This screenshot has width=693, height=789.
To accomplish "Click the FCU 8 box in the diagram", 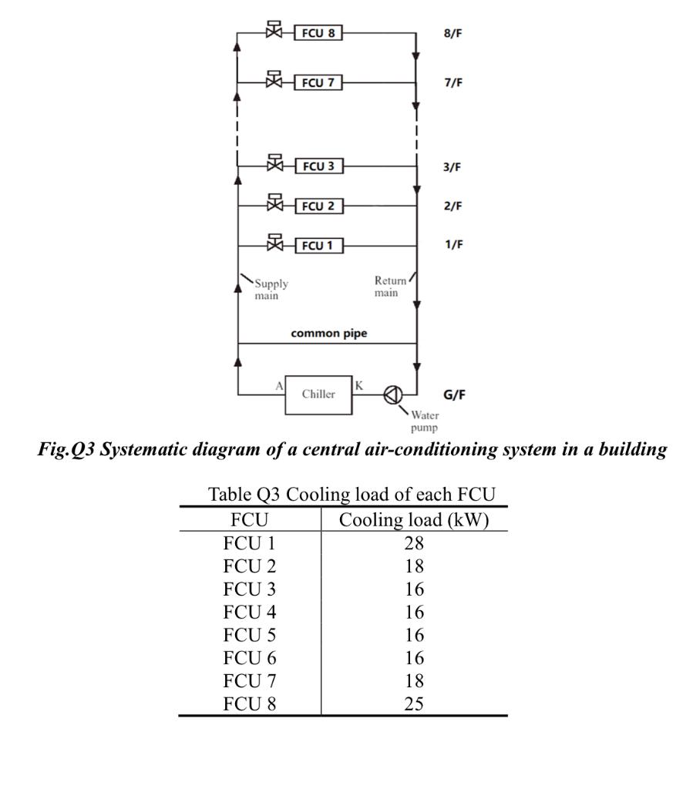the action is tap(318, 33).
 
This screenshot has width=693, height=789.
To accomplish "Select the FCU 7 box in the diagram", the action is tap(318, 82).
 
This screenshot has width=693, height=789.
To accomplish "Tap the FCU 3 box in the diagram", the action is tap(318, 166).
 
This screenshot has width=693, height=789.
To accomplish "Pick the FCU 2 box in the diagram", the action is tap(318, 206).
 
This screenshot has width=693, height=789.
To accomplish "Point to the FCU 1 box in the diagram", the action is tap(318, 246).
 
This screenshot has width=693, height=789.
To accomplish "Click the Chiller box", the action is tap(318, 394).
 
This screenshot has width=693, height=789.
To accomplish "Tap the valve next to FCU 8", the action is tap(274, 32).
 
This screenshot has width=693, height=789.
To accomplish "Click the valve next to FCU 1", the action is tap(274, 244).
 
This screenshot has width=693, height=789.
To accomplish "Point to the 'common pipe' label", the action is tap(328, 334).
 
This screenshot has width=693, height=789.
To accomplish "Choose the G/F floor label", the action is tap(457, 394).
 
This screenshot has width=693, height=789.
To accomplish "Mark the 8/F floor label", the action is tap(453, 34).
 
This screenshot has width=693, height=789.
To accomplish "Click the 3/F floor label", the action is tap(453, 167).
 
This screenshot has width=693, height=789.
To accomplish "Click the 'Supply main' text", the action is tap(271, 290).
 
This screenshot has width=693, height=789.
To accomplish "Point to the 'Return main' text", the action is tap(386, 287).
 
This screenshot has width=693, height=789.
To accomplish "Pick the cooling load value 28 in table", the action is tap(414, 544).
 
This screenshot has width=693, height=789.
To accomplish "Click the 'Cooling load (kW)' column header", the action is tap(414, 520).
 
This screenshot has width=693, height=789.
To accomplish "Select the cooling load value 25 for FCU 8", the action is tap(414, 703).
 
